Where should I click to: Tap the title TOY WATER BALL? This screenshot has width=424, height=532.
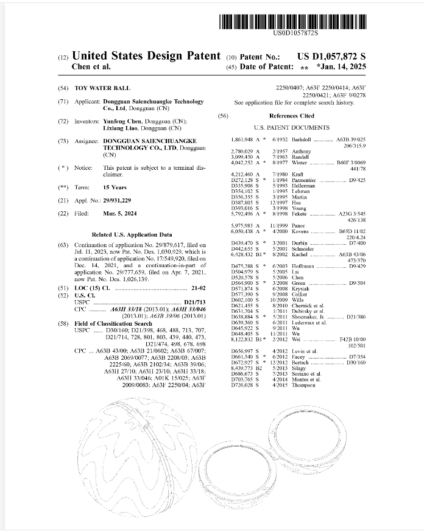tap(102, 88)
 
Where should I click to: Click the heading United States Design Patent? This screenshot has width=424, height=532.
tap(146, 56)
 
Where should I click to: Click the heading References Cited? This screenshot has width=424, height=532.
tap(292, 116)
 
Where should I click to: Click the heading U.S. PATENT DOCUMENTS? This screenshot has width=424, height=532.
tap(292, 128)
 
